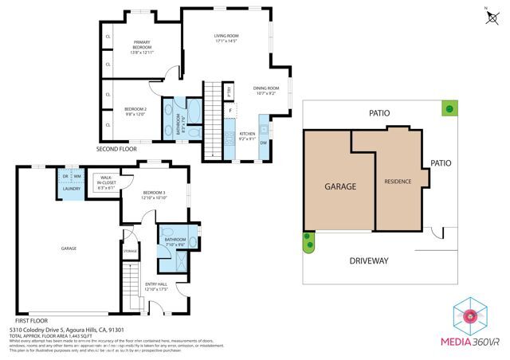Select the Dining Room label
pyautogui.click(x=266, y=91)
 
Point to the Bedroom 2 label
pyautogui.click(x=135, y=111)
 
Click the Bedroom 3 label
pyautogui.click(x=155, y=195)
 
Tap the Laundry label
pyautogui.click(x=71, y=189)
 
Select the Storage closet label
pyautogui.click(x=130, y=252)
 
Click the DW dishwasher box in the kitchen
pyautogui.click(x=263, y=143)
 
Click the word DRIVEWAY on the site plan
pyautogui.click(x=367, y=260)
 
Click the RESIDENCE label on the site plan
pyautogui.click(x=398, y=182)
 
